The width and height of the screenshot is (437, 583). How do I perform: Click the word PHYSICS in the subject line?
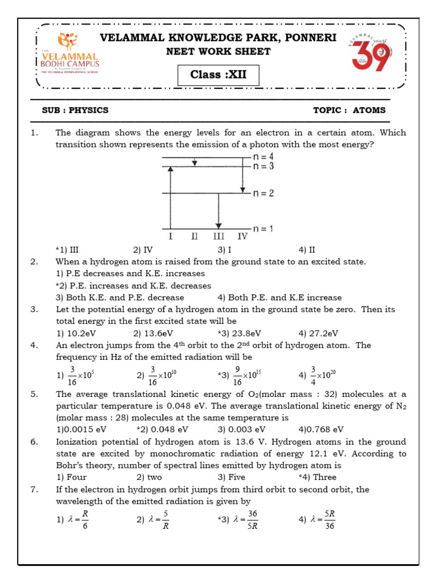pyautogui.click(x=88, y=110)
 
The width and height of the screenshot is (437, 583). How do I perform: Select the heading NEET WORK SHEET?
pyautogui.click(x=218, y=52)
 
